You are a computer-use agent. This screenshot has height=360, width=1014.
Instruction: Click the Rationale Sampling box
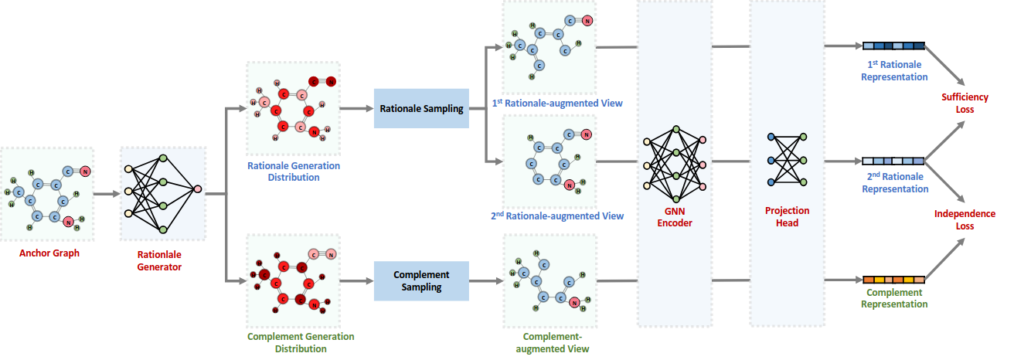coord(421,109)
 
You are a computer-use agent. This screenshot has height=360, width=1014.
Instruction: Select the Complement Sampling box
coord(421,280)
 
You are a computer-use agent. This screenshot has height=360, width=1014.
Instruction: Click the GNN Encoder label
coord(675,217)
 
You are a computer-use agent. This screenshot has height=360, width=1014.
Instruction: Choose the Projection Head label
coord(786,216)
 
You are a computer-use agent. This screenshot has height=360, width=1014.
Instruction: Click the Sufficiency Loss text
coord(964,103)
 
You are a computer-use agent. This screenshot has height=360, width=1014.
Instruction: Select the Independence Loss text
coord(964,220)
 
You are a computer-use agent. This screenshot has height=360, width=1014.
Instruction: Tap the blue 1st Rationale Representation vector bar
coord(893,45)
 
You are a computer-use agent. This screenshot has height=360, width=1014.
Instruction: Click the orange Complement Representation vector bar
coord(893,279)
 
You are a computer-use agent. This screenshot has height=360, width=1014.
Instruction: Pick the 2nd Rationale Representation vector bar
coord(893,161)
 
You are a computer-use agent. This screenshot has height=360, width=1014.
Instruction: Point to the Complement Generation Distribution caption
coord(290,342)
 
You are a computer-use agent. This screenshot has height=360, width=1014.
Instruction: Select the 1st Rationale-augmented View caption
coord(556,103)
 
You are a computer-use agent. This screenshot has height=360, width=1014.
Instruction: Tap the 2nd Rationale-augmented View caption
coord(556,216)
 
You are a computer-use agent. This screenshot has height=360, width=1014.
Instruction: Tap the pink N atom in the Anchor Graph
coord(85,172)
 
